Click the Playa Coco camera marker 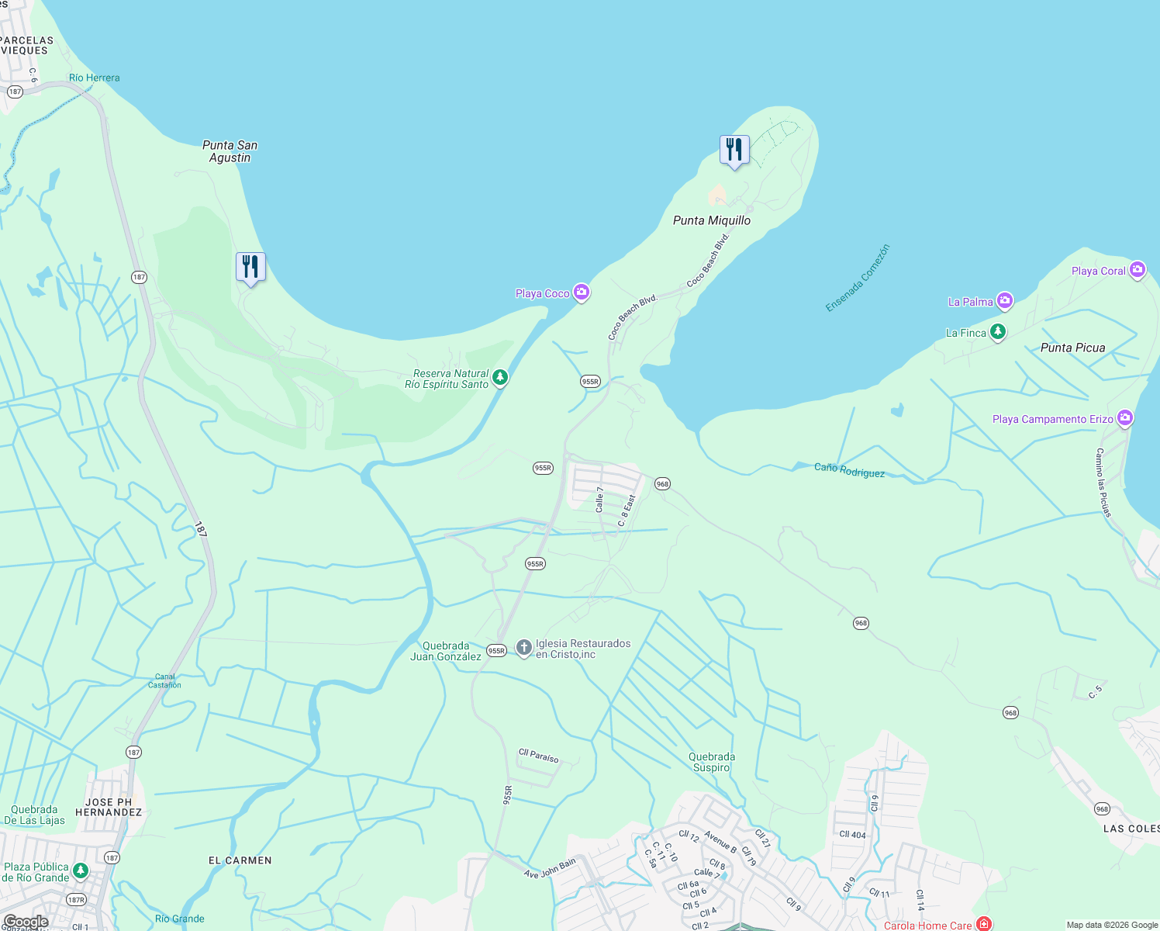[x=582, y=292]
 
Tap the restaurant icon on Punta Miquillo [x=734, y=149]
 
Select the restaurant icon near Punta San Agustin [x=250, y=267]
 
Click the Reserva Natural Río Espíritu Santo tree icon [x=500, y=378]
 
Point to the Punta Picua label [x=1072, y=348]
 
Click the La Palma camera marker [x=1005, y=301]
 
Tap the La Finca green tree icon [x=998, y=332]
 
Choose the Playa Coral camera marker [x=1138, y=270]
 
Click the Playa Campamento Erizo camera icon [x=1125, y=418]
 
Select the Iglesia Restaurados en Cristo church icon [x=524, y=648]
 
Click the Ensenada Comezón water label [x=858, y=278]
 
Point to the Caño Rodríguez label [x=849, y=470]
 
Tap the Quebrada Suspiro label [x=711, y=762]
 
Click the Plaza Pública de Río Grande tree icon [x=80, y=871]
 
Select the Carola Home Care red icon [x=984, y=924]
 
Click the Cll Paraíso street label [x=538, y=756]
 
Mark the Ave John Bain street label [x=550, y=868]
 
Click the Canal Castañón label [x=164, y=680]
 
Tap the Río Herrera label [x=94, y=78]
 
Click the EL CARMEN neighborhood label [x=240, y=860]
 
